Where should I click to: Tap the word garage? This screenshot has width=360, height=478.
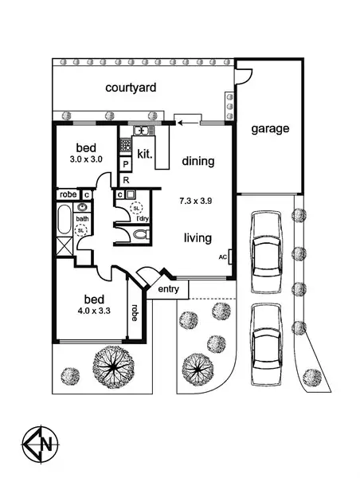pos(270,128)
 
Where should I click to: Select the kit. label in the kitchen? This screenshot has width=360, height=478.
pos(144,153)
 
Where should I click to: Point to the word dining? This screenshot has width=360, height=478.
pos(198,161)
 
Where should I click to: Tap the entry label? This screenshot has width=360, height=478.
pos(168,288)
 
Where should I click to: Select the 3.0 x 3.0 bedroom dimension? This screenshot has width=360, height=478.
pos(86,159)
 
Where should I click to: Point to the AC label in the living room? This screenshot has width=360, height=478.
pos(224,257)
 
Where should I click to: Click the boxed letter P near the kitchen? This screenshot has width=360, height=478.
pos(126,165)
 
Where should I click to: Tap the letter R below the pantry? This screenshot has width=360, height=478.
pos(126,181)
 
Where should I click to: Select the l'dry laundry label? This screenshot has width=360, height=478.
pos(143,218)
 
